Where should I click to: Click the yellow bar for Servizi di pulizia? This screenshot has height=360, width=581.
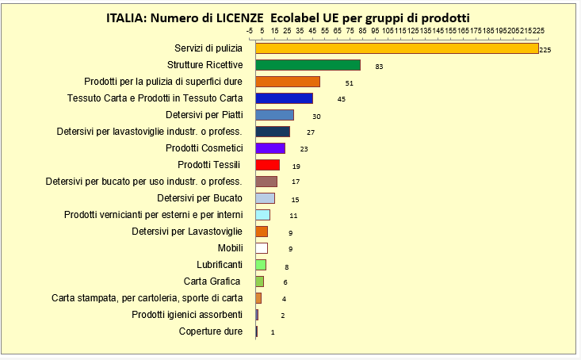396,48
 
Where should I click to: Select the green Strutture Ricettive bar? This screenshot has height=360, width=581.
308,65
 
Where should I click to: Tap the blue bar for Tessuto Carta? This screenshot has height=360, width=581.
284,98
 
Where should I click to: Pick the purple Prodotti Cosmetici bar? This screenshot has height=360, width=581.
270,148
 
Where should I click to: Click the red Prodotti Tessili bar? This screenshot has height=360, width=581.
267,165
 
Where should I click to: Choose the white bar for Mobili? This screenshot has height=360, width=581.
262,248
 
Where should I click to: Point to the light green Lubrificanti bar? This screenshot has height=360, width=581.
261,265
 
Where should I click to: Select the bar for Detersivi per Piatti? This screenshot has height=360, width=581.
274,115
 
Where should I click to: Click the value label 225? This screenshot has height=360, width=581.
545,50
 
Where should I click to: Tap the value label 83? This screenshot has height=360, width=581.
379,67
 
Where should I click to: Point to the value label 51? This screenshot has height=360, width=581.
349,83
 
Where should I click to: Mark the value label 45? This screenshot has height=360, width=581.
341,100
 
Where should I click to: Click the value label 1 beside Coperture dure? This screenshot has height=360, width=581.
273,332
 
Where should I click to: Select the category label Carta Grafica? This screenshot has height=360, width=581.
212,281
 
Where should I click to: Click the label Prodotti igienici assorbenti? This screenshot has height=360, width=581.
187,315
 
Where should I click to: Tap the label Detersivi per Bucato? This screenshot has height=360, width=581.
199,197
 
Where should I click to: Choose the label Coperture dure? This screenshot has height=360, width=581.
210,331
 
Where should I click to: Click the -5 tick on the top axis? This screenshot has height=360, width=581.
250,30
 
